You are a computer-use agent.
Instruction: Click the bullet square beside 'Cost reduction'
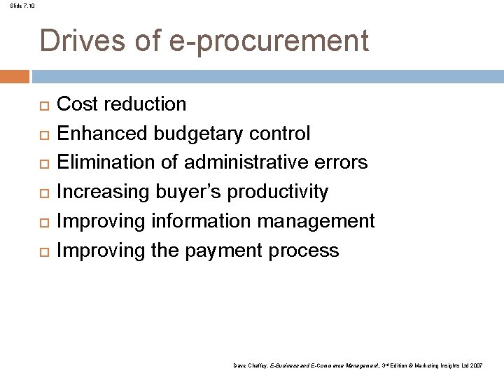click(42, 106)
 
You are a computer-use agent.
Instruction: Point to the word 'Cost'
click(77, 104)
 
